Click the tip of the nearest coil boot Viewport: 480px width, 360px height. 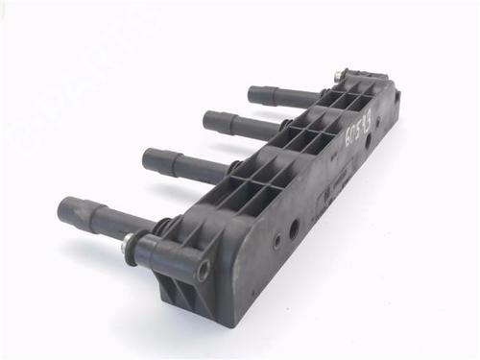65,207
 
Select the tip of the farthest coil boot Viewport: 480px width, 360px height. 253,93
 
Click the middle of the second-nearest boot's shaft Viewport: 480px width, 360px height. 187,165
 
